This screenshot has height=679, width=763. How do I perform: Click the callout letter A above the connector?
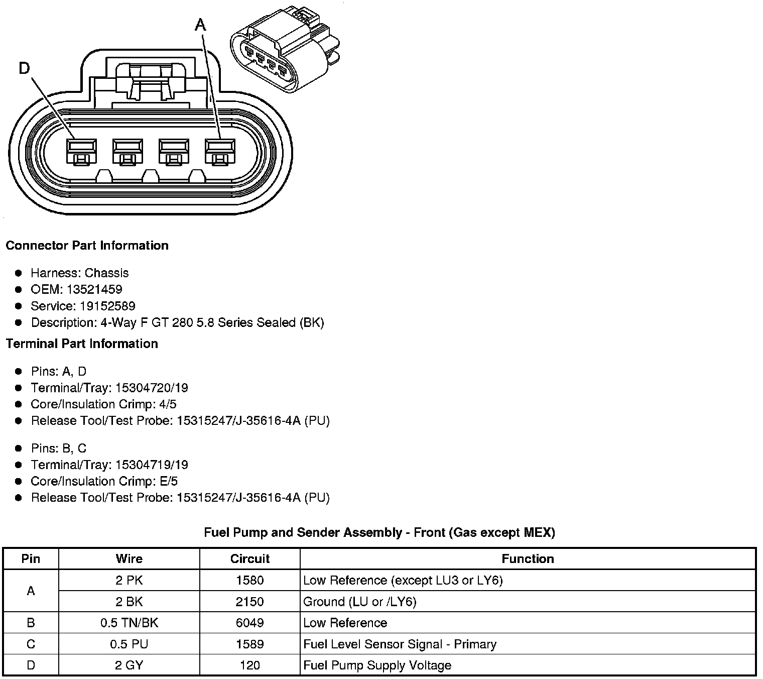pyautogui.click(x=200, y=24)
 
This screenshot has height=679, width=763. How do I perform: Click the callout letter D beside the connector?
pyautogui.click(x=24, y=68)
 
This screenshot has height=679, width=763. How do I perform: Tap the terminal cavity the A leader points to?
pyautogui.click(x=220, y=151)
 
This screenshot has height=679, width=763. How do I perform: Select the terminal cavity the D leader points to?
pyautogui.click(x=81, y=151)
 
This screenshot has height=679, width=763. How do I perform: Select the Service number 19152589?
pyautogui.click(x=107, y=306)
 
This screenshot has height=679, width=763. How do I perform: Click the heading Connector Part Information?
pyautogui.click(x=87, y=246)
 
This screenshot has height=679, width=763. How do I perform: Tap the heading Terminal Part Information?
pyautogui.click(x=82, y=344)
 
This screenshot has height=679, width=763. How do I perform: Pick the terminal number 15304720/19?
pyautogui.click(x=152, y=388)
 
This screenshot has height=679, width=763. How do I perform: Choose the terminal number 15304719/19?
pyautogui.click(x=152, y=465)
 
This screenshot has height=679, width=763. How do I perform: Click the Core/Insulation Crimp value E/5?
pyautogui.click(x=167, y=481)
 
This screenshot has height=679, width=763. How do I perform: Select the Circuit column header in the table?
pyautogui.click(x=249, y=558)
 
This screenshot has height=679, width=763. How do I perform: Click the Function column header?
pyautogui.click(x=528, y=558)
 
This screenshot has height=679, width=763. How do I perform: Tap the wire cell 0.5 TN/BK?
pyautogui.click(x=129, y=623)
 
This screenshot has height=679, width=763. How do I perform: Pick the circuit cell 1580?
pyautogui.click(x=249, y=580)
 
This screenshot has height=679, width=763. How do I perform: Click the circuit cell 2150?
pyautogui.click(x=249, y=602)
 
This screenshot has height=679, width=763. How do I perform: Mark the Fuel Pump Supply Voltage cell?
pyautogui.click(x=377, y=665)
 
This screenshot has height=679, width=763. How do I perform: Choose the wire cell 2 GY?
pyautogui.click(x=129, y=665)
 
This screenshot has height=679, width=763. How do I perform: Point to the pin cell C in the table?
pyautogui.click(x=31, y=644)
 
